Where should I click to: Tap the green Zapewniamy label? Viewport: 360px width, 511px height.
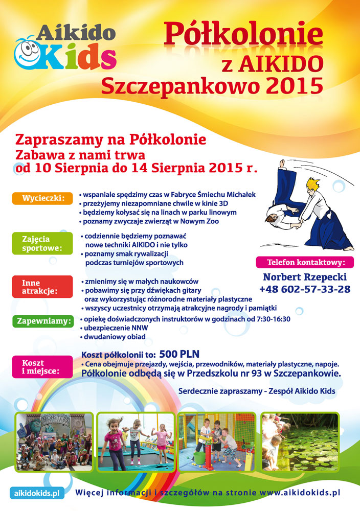(43, 321)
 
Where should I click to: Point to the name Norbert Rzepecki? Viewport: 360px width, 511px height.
(304, 277)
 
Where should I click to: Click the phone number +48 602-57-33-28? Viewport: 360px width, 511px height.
(304, 289)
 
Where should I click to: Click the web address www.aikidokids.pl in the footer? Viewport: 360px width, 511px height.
(300, 493)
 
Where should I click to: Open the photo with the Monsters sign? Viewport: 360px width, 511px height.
(54, 440)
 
